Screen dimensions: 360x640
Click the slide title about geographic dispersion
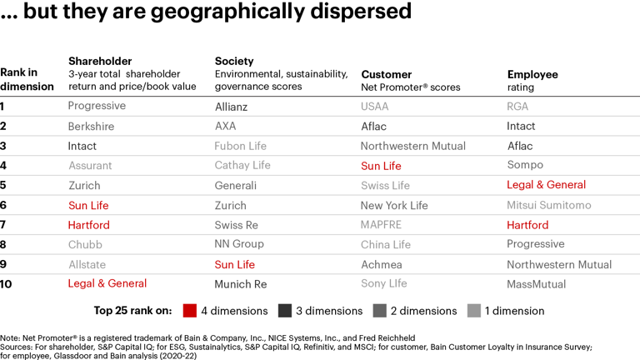coord(207,12)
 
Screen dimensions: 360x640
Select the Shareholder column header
coord(100,61)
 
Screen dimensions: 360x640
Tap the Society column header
coord(234,61)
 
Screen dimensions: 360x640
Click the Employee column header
coord(532,74)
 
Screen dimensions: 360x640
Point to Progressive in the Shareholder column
coord(97,106)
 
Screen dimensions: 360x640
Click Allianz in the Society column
coord(231,107)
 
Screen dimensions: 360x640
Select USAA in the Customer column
coord(374,107)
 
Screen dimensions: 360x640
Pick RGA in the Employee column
coord(517,107)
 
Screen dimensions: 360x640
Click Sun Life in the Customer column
coord(381,166)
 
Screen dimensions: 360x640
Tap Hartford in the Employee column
coord(527,225)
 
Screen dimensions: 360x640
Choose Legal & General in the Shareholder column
coord(107,284)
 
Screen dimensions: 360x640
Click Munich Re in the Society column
coord(241,284)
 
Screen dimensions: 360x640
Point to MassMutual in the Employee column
coord(536,284)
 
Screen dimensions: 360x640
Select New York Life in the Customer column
coord(393,205)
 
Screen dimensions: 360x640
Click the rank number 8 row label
coord(3,245)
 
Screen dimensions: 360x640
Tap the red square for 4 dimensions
coord(189,311)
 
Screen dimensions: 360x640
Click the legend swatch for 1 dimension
coord(473,311)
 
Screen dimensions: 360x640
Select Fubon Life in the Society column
coord(241,146)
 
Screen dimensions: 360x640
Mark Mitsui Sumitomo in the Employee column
coord(548,205)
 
